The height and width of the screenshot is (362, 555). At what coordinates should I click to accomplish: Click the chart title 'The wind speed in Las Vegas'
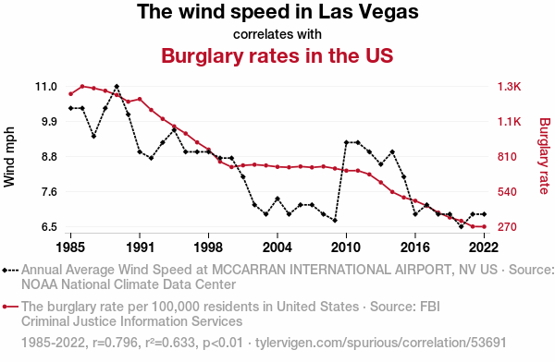(277, 12)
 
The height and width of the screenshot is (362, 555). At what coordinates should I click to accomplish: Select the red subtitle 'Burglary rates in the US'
(277, 55)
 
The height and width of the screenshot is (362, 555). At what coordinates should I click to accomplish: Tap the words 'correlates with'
(277, 34)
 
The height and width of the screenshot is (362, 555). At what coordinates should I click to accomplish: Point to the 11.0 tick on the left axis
(46, 87)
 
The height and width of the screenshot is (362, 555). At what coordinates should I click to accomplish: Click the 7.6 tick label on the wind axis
(49, 192)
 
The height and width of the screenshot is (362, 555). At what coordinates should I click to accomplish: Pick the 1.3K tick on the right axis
(509, 87)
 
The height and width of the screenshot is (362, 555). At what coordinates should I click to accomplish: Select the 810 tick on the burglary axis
(507, 157)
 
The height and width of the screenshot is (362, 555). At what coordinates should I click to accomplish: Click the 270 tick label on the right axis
(507, 226)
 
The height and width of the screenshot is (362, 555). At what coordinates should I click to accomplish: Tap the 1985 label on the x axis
(70, 247)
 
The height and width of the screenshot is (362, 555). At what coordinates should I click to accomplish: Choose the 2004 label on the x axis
(277, 247)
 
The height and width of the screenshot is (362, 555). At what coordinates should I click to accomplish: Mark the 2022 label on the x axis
(484, 247)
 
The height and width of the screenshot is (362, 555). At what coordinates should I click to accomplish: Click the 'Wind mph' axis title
(9, 157)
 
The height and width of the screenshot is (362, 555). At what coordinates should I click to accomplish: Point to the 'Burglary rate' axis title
(545, 156)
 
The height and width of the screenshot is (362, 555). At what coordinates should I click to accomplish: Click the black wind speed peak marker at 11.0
(117, 87)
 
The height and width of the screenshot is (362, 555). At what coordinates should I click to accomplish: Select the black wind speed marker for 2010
(346, 142)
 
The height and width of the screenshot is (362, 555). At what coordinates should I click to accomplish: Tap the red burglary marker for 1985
(71, 94)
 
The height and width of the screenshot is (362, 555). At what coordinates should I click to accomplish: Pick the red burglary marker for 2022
(484, 226)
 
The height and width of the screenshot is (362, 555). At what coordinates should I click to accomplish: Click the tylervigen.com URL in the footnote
(381, 343)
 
